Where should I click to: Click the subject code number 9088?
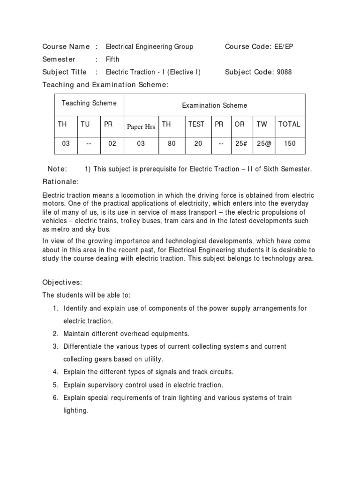click(x=283, y=72)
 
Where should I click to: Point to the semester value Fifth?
click(x=112, y=60)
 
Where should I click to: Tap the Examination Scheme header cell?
click(x=214, y=105)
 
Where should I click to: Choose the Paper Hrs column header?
click(x=141, y=127)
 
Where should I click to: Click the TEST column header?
click(x=196, y=124)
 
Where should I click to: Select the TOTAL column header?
click(x=289, y=124)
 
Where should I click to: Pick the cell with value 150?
click(x=290, y=144)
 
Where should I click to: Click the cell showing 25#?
click(x=241, y=144)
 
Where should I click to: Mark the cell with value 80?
click(x=172, y=144)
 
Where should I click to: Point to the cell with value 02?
click(x=112, y=144)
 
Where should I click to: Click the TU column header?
click(x=85, y=124)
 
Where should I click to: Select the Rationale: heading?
click(x=60, y=181)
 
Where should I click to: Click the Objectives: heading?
click(x=62, y=282)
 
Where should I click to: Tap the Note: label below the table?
click(x=57, y=169)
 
